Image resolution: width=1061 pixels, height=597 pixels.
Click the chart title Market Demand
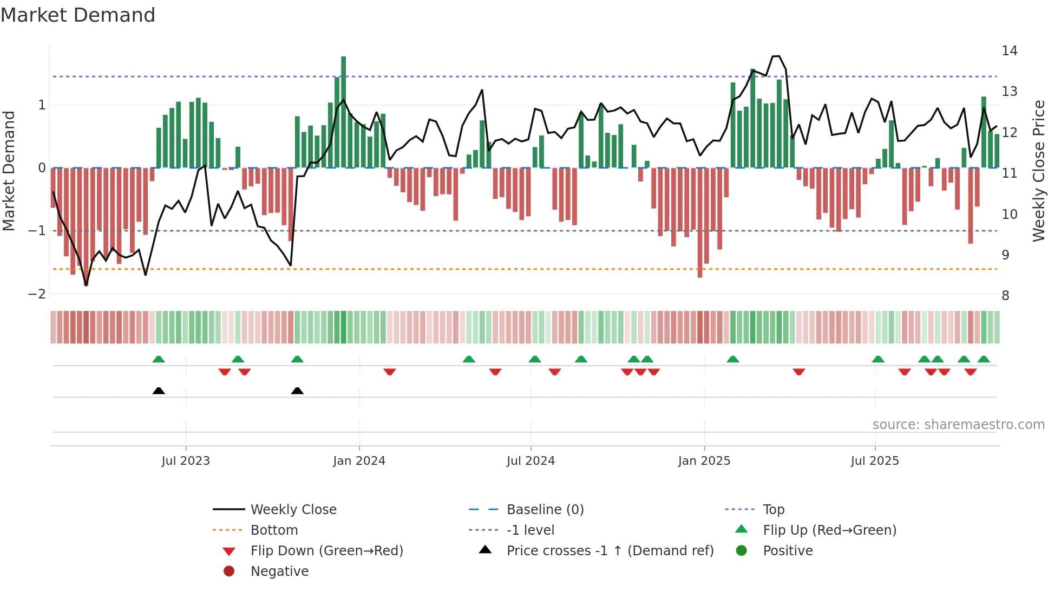pos(78,15)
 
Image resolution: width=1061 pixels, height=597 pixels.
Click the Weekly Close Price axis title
pos(1038,171)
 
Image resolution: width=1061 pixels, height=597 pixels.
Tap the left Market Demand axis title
pos(9,171)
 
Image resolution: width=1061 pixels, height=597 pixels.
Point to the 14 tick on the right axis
pos(1009,51)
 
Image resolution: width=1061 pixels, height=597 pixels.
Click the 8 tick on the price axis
pos(1005,296)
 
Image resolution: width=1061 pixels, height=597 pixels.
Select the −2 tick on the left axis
pos(37,294)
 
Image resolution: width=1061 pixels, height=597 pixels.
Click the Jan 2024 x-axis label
pos(359,461)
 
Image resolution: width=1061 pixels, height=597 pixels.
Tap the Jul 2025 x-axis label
pos(874,461)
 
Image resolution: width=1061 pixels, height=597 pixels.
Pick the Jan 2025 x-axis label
pos(704,461)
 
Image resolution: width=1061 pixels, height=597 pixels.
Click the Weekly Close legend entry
pos(293,510)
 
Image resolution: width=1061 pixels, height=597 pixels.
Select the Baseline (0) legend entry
pos(545,510)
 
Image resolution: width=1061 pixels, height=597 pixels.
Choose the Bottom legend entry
pos(274,530)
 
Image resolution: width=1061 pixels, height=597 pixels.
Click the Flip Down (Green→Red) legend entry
pos(326,551)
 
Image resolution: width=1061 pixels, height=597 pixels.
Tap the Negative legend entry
pos(279,572)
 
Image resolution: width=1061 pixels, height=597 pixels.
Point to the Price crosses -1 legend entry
pos(610,551)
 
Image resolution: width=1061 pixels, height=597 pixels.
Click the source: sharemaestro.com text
pos(958,425)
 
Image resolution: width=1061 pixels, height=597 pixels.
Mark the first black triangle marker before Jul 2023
pos(159,391)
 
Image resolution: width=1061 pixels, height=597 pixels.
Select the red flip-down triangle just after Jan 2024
pos(390,372)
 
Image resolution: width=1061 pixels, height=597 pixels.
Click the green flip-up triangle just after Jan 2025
pos(732,359)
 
